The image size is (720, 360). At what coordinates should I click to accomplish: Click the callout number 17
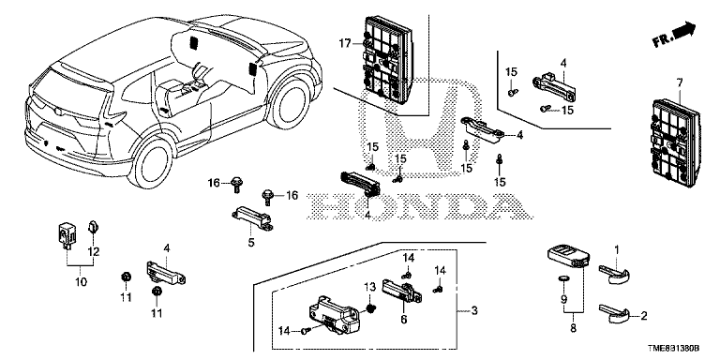pyautogui.click(x=345, y=44)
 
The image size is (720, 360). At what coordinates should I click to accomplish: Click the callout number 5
pyautogui.click(x=250, y=242)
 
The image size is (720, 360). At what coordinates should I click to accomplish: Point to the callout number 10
pyautogui.click(x=81, y=281)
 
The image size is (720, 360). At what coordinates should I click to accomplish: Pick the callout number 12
pyautogui.click(x=94, y=251)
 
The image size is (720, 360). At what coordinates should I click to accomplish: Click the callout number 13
pyautogui.click(x=370, y=288)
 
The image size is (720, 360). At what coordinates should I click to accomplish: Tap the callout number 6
pyautogui.click(x=404, y=319)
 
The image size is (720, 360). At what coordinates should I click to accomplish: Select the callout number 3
pyautogui.click(x=474, y=311)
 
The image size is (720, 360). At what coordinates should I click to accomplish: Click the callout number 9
pyautogui.click(x=563, y=299)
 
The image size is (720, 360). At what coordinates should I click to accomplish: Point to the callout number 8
pyautogui.click(x=573, y=329)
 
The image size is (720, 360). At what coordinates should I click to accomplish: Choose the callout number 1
pyautogui.click(x=617, y=250)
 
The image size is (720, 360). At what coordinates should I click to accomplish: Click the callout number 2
pyautogui.click(x=643, y=315)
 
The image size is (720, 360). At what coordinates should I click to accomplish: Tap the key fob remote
pyautogui.click(x=568, y=256)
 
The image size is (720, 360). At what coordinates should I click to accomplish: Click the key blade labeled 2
pyautogui.click(x=614, y=315)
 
